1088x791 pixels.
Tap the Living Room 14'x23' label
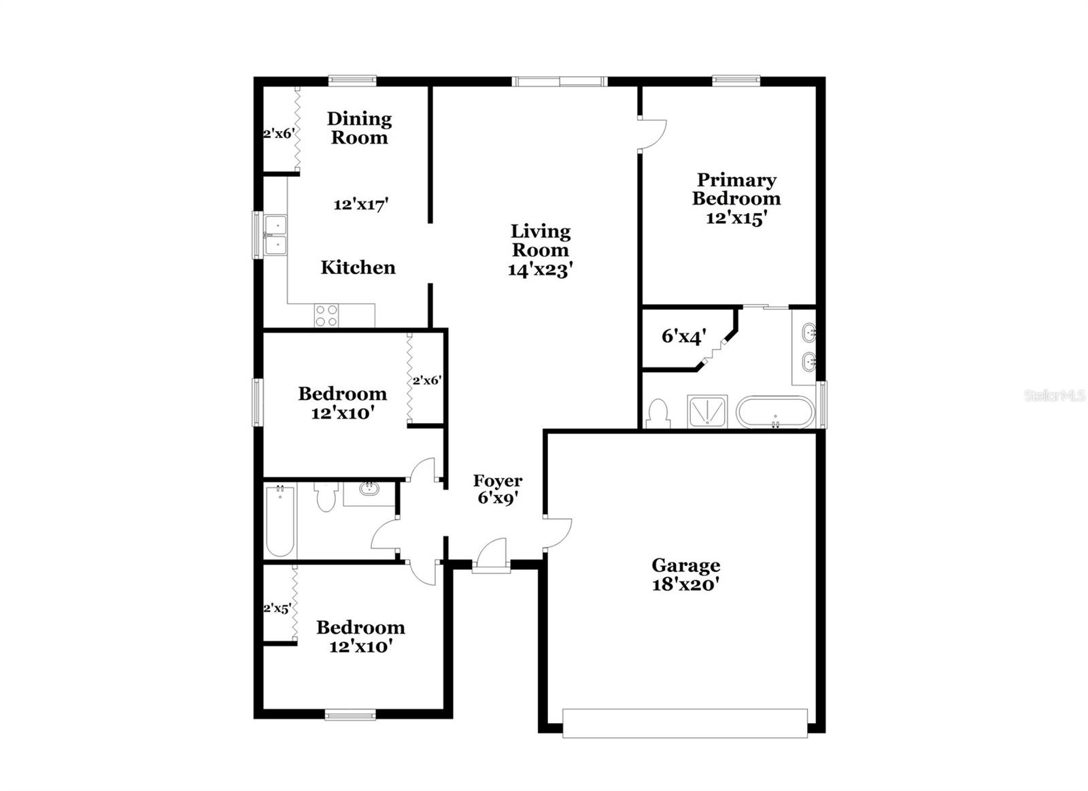click(x=541, y=250)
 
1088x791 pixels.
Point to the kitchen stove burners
click(x=326, y=316)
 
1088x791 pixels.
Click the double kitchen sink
click(x=276, y=235)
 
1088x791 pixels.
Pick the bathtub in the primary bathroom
click(x=775, y=412)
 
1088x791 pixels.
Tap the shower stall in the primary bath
click(x=707, y=411)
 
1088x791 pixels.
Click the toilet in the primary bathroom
click(x=658, y=414)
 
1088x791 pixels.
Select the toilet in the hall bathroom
click(x=326, y=497)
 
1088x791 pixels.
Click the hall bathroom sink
click(x=369, y=488)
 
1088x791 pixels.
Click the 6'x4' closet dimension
click(x=683, y=336)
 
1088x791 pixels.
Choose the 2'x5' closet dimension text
click(x=277, y=609)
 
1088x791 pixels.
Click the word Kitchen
click(x=358, y=267)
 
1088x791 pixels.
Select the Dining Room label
click(x=359, y=128)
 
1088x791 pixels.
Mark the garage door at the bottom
click(x=685, y=723)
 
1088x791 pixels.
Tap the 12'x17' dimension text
click(x=360, y=204)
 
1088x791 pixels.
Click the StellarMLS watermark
click(x=1055, y=396)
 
